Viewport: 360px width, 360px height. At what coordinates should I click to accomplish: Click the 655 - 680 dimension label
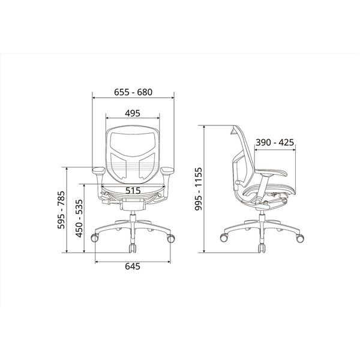click(x=133, y=92)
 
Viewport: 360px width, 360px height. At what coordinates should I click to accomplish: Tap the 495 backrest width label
click(x=133, y=113)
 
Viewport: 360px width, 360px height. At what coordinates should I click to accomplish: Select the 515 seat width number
click(x=133, y=191)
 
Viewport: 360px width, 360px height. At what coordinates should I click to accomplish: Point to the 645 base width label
click(x=133, y=266)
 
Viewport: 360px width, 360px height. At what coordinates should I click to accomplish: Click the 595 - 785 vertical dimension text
click(x=61, y=210)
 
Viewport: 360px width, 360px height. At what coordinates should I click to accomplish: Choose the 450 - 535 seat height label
click(x=79, y=218)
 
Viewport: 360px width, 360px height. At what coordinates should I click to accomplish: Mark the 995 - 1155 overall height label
click(x=198, y=189)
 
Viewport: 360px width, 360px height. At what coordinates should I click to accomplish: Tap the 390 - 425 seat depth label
click(x=275, y=142)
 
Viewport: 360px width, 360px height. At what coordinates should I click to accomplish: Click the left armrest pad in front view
click(x=99, y=170)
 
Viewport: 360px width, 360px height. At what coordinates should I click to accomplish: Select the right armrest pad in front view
click(x=167, y=170)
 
